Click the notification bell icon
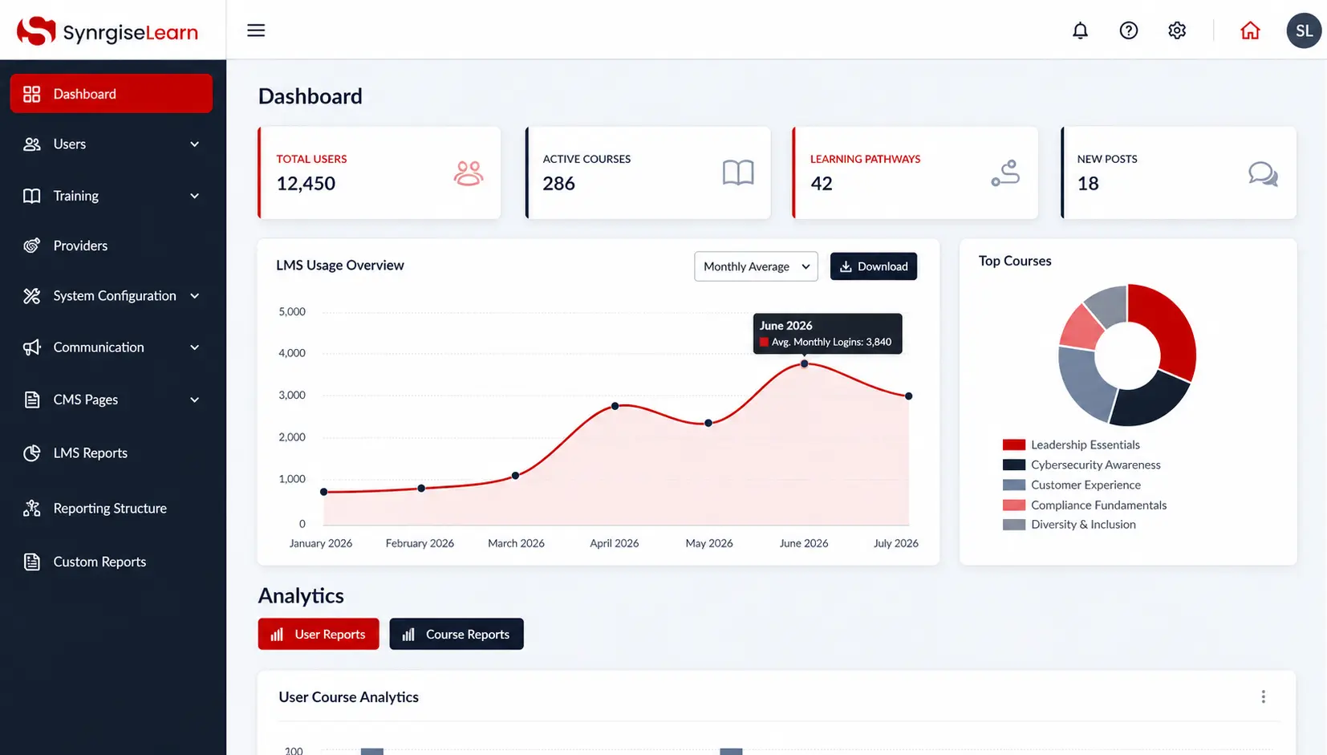[x=1080, y=30]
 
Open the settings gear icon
[x=1176, y=30]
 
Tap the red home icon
[x=1250, y=30]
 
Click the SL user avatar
[x=1304, y=30]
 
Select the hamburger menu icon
[x=256, y=30]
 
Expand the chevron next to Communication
[x=194, y=347]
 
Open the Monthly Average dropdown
[x=756, y=266]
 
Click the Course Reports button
[x=457, y=634]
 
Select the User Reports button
[x=319, y=634]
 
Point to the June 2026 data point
[x=804, y=364]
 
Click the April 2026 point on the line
[x=615, y=406]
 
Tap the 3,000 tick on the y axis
[x=292, y=396]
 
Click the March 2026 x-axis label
[x=516, y=543]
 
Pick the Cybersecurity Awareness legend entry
[x=1081, y=465]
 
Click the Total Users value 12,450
[x=306, y=184]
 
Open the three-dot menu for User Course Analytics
[x=1263, y=697]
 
